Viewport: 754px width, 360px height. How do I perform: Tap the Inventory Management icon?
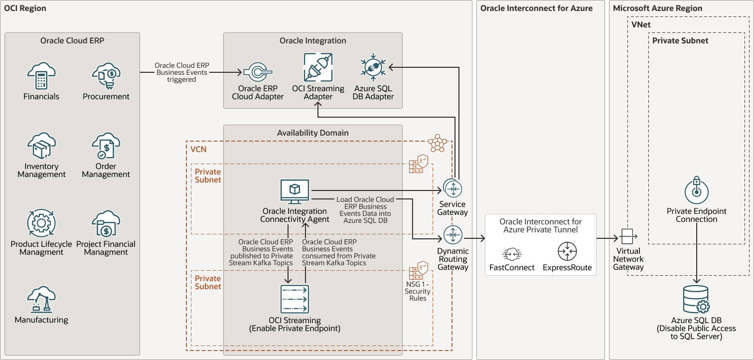[x=41, y=146]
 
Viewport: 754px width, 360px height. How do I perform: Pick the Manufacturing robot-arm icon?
[x=41, y=299]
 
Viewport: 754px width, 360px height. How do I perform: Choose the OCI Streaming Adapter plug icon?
[x=318, y=68]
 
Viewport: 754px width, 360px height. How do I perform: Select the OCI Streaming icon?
[x=295, y=299]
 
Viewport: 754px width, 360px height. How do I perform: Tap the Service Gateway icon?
[x=452, y=189]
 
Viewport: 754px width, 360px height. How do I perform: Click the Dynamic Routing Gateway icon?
[x=452, y=235]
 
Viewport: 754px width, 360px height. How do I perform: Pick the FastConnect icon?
[x=512, y=253]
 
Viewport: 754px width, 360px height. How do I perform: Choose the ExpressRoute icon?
[x=567, y=251]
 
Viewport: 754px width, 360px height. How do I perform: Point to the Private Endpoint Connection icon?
[x=696, y=191]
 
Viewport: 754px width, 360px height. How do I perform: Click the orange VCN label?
[x=198, y=149]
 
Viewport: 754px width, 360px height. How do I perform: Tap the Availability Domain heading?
[x=312, y=133]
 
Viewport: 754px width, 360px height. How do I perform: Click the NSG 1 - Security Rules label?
[x=418, y=291]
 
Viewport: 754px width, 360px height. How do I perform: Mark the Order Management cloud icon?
[x=106, y=146]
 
